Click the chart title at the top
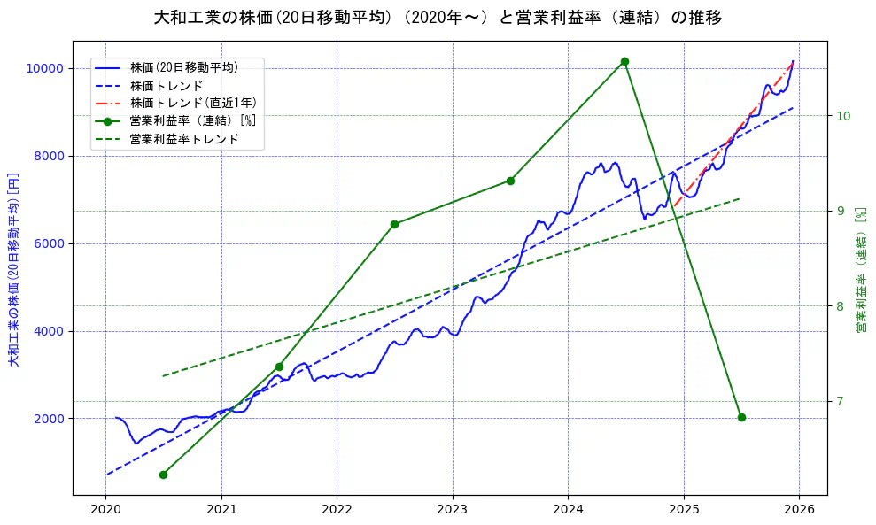point(438,18)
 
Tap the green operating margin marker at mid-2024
point(624,61)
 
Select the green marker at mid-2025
point(741,417)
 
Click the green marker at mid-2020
point(163,475)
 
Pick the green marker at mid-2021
point(279,367)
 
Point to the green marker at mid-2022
point(394,224)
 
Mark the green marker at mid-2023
point(510,181)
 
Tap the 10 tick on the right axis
point(843,116)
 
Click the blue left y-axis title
point(13,270)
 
